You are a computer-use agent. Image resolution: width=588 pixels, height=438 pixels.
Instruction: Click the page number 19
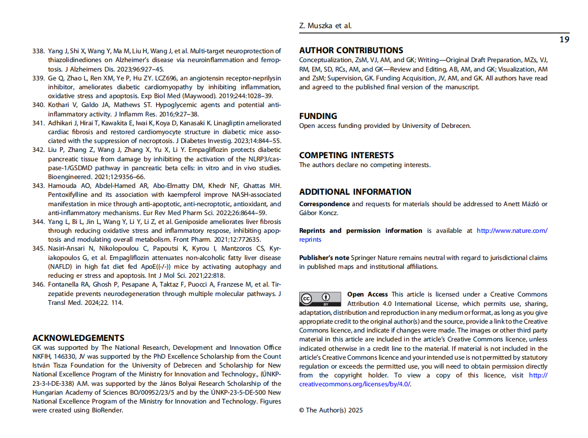pos(564,40)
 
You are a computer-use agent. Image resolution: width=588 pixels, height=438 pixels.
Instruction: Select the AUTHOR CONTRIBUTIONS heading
pos(351,51)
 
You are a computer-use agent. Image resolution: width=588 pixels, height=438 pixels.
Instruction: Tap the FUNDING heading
pos(318,116)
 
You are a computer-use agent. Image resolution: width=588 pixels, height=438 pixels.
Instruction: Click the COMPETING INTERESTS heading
pos(346,155)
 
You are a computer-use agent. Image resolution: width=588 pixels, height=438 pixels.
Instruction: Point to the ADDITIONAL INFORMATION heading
pos(355,192)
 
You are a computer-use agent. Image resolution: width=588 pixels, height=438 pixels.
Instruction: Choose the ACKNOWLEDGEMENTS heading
pos(78,338)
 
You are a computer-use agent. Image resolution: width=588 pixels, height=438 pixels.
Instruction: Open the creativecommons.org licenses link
pos(355,384)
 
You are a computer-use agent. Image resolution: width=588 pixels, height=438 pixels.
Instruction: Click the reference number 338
pos(38,51)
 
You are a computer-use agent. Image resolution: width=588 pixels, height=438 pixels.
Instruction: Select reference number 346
pos(38,285)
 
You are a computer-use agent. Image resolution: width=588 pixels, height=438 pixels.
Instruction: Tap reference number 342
pos(38,149)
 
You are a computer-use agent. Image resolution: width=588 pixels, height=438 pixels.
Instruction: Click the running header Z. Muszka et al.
pos(326,26)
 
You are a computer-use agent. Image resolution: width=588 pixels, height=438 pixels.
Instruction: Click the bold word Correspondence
pos(324,204)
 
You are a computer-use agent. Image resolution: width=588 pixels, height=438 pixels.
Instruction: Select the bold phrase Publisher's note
pos(324,258)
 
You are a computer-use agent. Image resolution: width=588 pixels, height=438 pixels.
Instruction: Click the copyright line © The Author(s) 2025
pos(331,410)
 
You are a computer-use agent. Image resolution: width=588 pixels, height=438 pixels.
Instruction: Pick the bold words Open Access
pos(368,294)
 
